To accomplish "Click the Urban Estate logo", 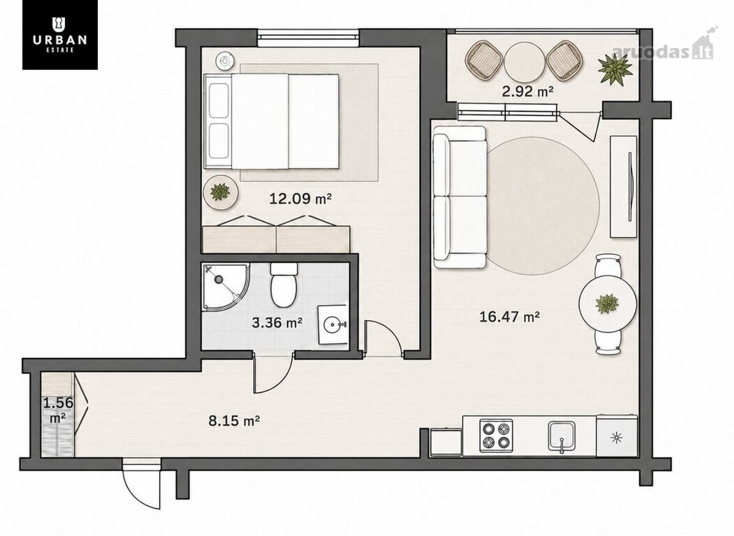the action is [60, 35].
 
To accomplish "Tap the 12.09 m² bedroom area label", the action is [300, 199].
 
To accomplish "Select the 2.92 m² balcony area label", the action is [527, 91].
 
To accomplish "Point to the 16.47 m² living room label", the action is [509, 317].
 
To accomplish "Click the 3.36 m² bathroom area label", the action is [277, 323].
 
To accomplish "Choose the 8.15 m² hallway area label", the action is [234, 420].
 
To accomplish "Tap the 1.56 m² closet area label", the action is [58, 409].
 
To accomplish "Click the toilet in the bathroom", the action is [284, 285].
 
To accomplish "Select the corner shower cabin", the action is [226, 287].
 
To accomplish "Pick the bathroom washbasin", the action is [333, 325].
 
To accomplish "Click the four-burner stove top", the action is [496, 436].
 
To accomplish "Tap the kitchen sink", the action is [562, 436].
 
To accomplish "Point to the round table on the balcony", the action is [524, 63].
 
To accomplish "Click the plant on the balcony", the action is [615, 69].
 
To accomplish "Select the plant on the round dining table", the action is [607, 304].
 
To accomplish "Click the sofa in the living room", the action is [460, 197].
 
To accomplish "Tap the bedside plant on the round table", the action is [221, 192].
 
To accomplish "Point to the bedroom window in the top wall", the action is [308, 39].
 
